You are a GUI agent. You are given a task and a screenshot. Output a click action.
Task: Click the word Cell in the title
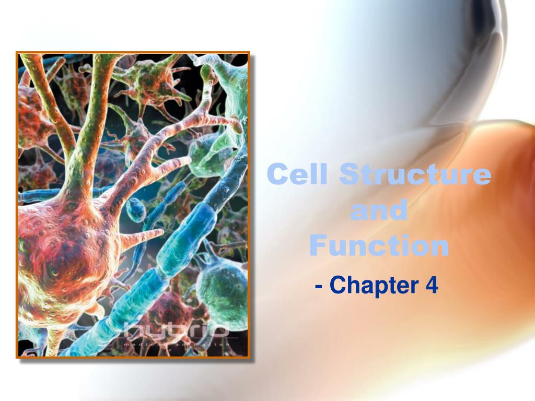click(297, 174)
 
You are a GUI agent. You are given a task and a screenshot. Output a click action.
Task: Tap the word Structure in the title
click(415, 174)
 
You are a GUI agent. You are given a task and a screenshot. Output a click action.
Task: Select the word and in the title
click(379, 210)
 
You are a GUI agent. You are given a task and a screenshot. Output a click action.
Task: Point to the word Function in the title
click(379, 245)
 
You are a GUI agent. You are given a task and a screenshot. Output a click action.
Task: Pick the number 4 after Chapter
click(432, 286)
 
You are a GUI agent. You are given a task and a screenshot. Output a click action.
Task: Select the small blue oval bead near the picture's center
click(135, 209)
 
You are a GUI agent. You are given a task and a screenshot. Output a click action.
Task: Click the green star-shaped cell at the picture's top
click(152, 78)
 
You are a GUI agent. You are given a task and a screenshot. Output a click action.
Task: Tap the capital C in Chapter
click(337, 286)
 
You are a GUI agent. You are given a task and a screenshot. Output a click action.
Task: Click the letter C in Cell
click(277, 174)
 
